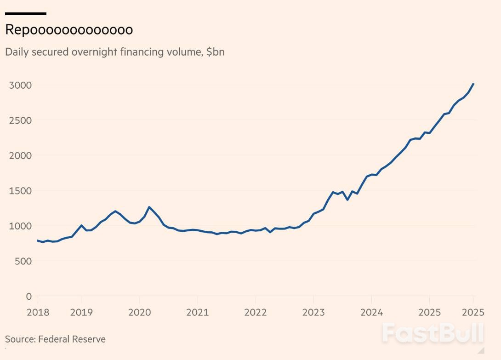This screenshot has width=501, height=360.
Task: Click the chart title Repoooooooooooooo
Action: click(x=69, y=30)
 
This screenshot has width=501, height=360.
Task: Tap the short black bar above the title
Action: click(x=26, y=14)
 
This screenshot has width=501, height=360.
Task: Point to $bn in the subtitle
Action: click(x=215, y=51)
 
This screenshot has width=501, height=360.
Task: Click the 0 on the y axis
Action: click(x=28, y=296)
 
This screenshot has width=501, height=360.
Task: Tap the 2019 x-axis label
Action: click(x=81, y=313)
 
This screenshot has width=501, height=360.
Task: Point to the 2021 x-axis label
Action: click(x=197, y=313)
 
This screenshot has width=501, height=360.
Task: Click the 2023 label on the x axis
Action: click(x=313, y=313)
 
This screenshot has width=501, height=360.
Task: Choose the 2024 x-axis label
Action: click(x=371, y=313)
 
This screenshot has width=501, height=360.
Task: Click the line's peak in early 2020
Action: click(x=149, y=207)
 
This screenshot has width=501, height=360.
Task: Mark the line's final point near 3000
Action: click(x=473, y=84)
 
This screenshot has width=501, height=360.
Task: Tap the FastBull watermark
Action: click(x=433, y=332)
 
